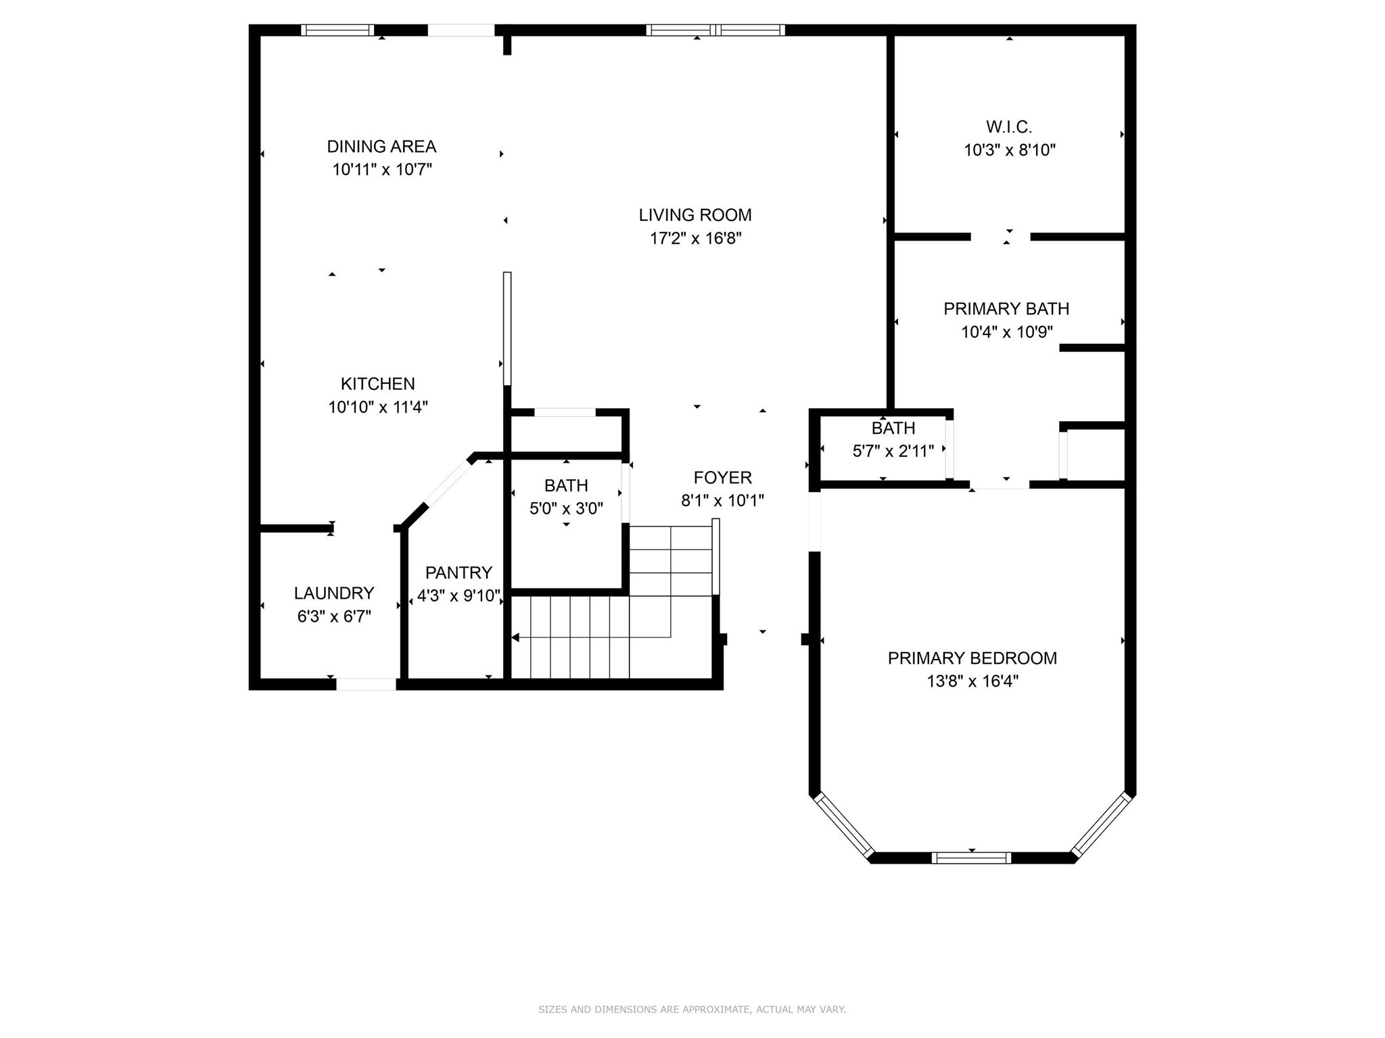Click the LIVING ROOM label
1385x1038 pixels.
pyautogui.click(x=695, y=215)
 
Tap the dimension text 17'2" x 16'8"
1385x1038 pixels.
pyautogui.click(x=695, y=239)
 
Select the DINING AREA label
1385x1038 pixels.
pyautogui.click(x=381, y=147)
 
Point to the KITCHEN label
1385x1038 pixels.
pyautogui.click(x=377, y=384)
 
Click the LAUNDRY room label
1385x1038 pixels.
pyautogui.click(x=333, y=593)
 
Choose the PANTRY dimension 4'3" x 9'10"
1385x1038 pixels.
pyautogui.click(x=459, y=596)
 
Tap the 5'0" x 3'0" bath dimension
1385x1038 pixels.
pyautogui.click(x=566, y=508)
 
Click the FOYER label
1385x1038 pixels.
pyautogui.click(x=722, y=478)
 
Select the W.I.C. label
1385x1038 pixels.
pyautogui.click(x=1008, y=127)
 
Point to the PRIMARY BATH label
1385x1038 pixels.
pyautogui.click(x=1006, y=309)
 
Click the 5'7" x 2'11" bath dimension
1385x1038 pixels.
pyautogui.click(x=893, y=451)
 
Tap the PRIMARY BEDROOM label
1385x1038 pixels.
pyautogui.click(x=972, y=658)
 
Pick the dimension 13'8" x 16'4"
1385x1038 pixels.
pyautogui.click(x=972, y=681)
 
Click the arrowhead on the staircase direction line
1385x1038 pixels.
pyautogui.click(x=515, y=637)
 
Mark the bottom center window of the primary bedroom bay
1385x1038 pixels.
pyautogui.click(x=971, y=858)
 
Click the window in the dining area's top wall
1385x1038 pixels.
pyautogui.click(x=337, y=30)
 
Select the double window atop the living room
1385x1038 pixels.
pyautogui.click(x=715, y=30)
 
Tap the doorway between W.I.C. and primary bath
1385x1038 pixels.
pyautogui.click(x=1000, y=237)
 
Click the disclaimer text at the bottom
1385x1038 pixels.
pyautogui.click(x=692, y=1009)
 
